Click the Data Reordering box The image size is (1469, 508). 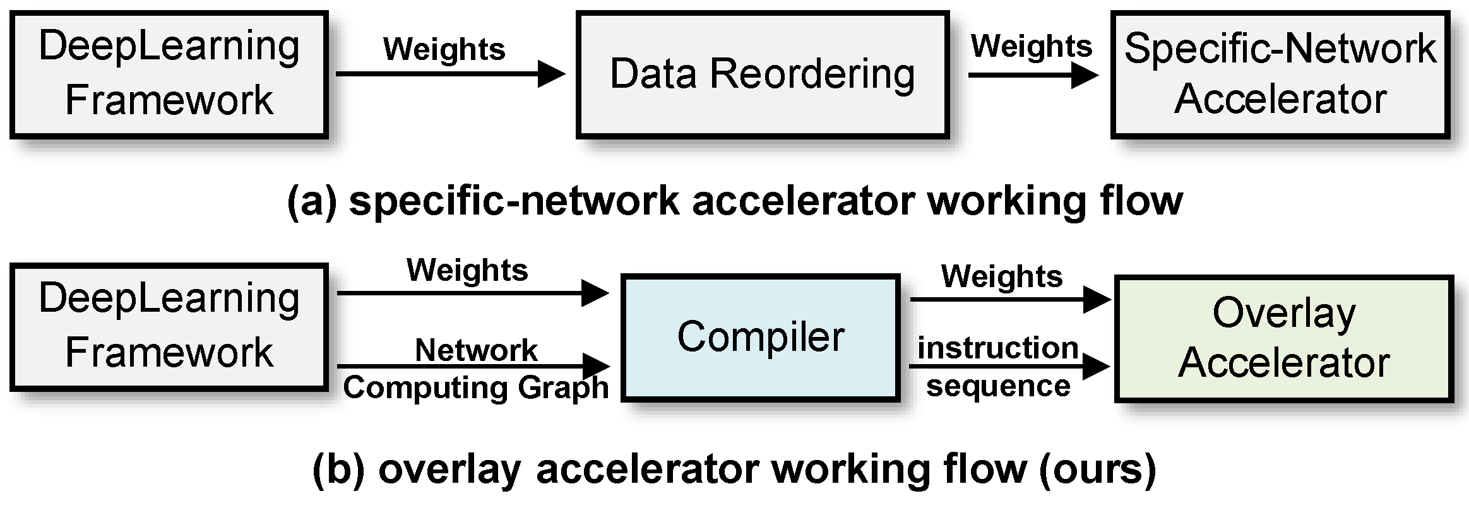(x=762, y=74)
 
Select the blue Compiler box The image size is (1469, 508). (x=760, y=338)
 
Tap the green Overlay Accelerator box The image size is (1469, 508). (x=1283, y=338)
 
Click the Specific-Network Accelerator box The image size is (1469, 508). (x=1279, y=74)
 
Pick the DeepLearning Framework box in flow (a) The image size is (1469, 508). (x=169, y=74)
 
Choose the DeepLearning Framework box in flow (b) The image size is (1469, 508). (x=169, y=326)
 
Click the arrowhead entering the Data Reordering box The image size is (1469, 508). (x=551, y=74)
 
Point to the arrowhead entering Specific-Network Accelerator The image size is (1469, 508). (x=1085, y=76)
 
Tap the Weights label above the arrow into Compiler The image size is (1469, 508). (x=467, y=271)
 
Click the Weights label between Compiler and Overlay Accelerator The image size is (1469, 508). (x=1001, y=277)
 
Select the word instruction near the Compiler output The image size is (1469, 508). (x=997, y=348)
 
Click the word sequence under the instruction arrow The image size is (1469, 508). (x=997, y=386)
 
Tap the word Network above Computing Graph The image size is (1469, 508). (x=476, y=350)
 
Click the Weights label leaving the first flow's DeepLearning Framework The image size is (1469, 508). (x=444, y=50)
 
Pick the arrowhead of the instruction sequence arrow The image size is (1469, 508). (x=1096, y=367)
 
